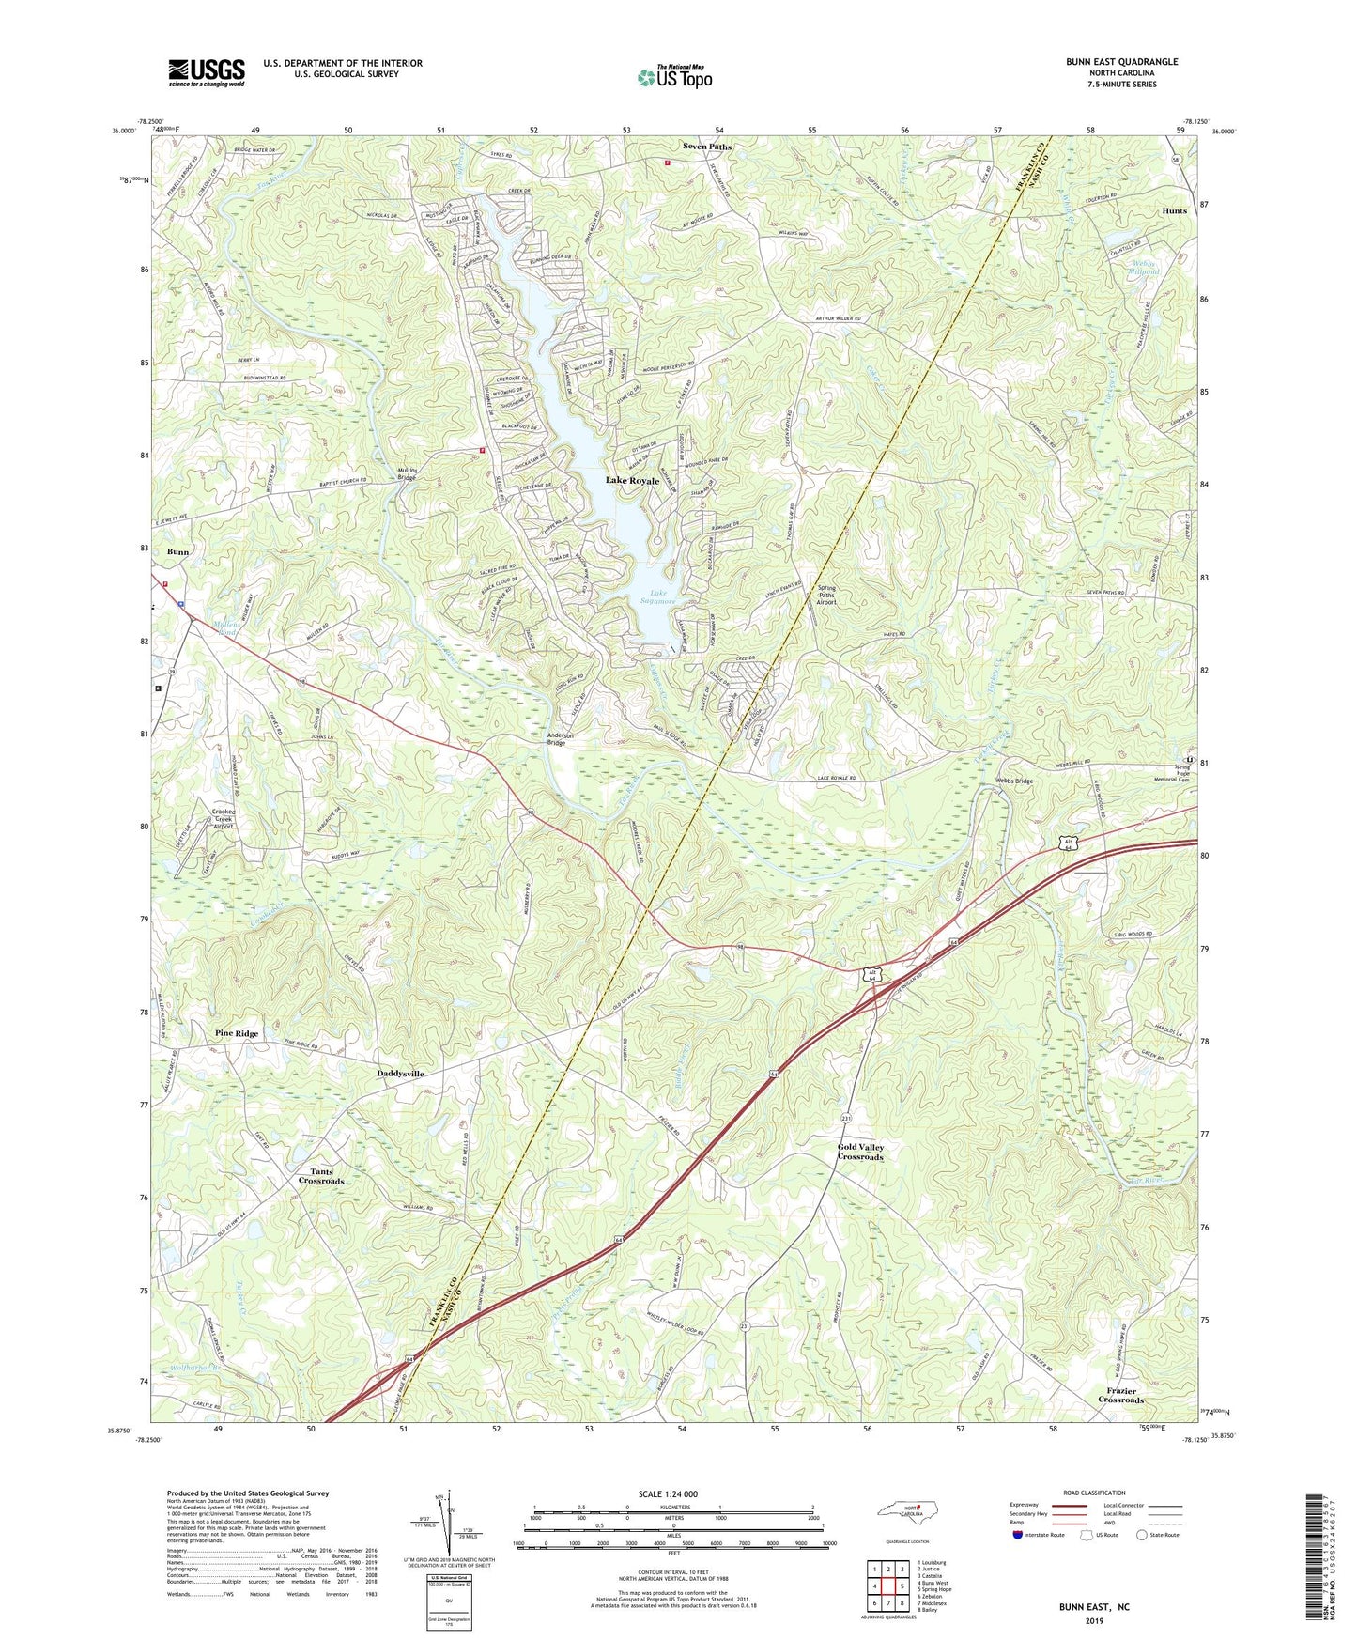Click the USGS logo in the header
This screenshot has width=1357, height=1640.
pyautogui.click(x=207, y=71)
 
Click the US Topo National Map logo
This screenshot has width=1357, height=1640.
pyautogui.click(x=674, y=77)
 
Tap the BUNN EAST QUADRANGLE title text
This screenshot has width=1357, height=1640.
pyautogui.click(x=1121, y=62)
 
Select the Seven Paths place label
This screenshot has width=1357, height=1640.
pyautogui.click(x=706, y=147)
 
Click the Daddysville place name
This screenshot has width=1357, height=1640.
pyautogui.click(x=400, y=1073)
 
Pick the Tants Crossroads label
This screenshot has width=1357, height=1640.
pyautogui.click(x=321, y=1176)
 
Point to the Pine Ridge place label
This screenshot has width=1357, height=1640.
pyautogui.click(x=237, y=1033)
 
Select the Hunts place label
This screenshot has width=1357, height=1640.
pyautogui.click(x=1174, y=210)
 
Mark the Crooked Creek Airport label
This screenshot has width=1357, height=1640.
pyautogui.click(x=222, y=818)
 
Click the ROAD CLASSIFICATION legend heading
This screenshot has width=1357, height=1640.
pyautogui.click(x=1094, y=1493)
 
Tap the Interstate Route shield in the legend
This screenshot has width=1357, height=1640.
pyautogui.click(x=1019, y=1535)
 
